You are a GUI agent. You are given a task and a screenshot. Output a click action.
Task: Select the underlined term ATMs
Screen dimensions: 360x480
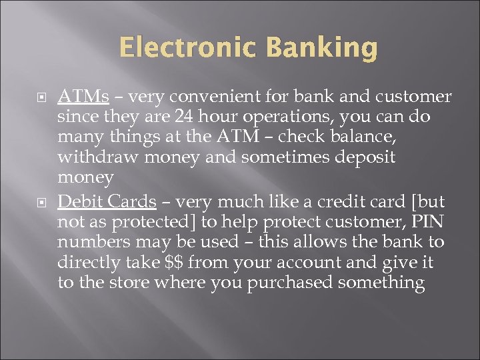point(83,97)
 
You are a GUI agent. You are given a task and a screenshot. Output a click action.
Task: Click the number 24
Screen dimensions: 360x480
point(185,117)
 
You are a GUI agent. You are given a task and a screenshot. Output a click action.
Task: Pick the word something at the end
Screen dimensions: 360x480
point(381,283)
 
